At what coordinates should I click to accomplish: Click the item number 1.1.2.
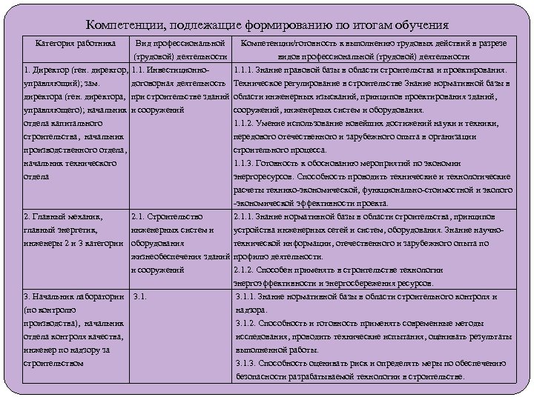click(x=245, y=123)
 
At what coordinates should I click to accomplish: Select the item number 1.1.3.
click(x=245, y=163)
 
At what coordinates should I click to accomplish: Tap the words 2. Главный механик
click(x=63, y=217)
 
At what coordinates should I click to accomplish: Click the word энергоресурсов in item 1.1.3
click(x=264, y=176)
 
